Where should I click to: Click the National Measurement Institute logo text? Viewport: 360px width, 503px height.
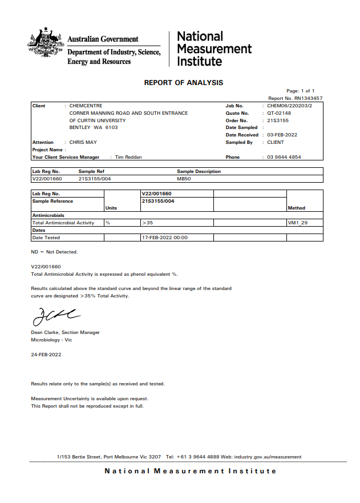(214, 49)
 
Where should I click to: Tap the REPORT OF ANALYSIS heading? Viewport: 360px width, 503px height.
(184, 83)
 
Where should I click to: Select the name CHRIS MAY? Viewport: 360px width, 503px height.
(83, 142)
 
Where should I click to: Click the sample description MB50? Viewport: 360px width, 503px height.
(184, 179)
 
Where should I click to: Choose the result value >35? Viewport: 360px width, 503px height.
(147, 223)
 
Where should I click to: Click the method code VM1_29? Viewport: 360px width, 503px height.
(298, 223)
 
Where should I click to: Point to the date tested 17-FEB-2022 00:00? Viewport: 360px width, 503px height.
(164, 238)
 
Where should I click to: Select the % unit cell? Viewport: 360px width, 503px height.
(107, 223)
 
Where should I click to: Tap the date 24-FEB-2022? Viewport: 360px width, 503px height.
(46, 354)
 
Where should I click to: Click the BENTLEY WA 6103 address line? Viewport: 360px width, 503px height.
(90, 127)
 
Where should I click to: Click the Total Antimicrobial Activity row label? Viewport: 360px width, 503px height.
(63, 223)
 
